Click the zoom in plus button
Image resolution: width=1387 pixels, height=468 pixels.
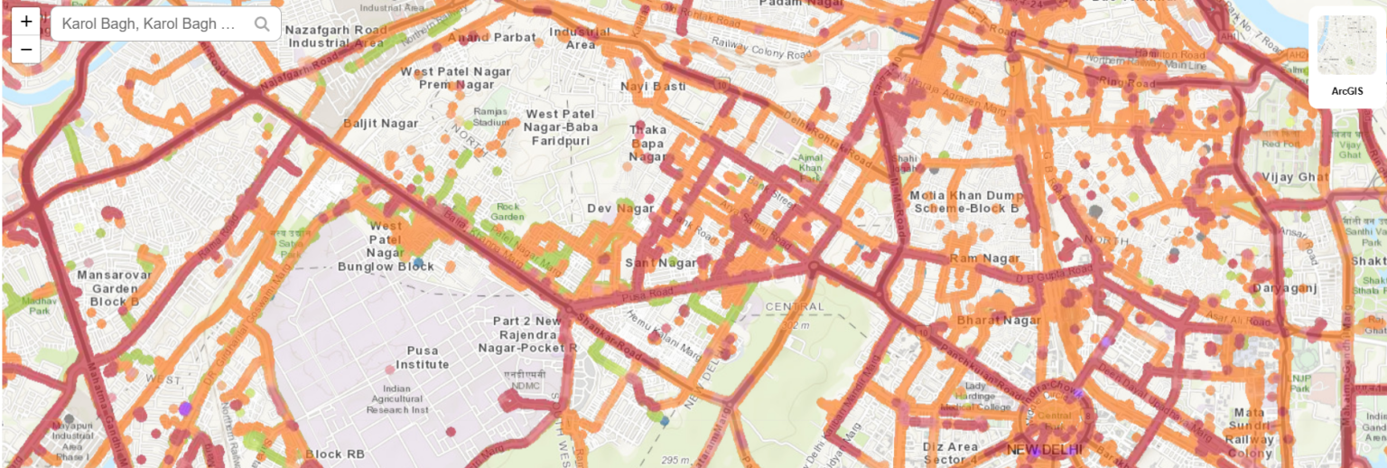26,22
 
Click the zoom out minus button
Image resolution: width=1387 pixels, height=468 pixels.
26,50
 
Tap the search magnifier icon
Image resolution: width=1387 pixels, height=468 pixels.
262,24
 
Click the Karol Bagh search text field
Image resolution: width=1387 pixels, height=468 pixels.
149,24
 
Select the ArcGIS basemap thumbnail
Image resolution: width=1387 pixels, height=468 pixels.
1346,46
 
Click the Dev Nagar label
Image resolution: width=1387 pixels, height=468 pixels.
620,209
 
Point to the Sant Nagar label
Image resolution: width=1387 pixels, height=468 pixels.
661,263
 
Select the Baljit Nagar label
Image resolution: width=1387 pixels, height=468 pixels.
380,124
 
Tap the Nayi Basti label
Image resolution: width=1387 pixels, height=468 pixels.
653,86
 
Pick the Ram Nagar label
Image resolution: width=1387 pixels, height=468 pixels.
983,259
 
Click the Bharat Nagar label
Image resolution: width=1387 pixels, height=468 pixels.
991,320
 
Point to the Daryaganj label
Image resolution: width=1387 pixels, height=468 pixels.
1285,288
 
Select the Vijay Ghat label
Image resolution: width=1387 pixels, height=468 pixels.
1296,176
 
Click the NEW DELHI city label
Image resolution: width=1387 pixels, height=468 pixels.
1044,450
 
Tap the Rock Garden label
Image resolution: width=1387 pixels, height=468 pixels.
508,211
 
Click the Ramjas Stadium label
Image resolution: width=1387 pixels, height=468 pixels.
491,117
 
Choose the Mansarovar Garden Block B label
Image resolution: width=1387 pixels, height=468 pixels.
108,288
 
